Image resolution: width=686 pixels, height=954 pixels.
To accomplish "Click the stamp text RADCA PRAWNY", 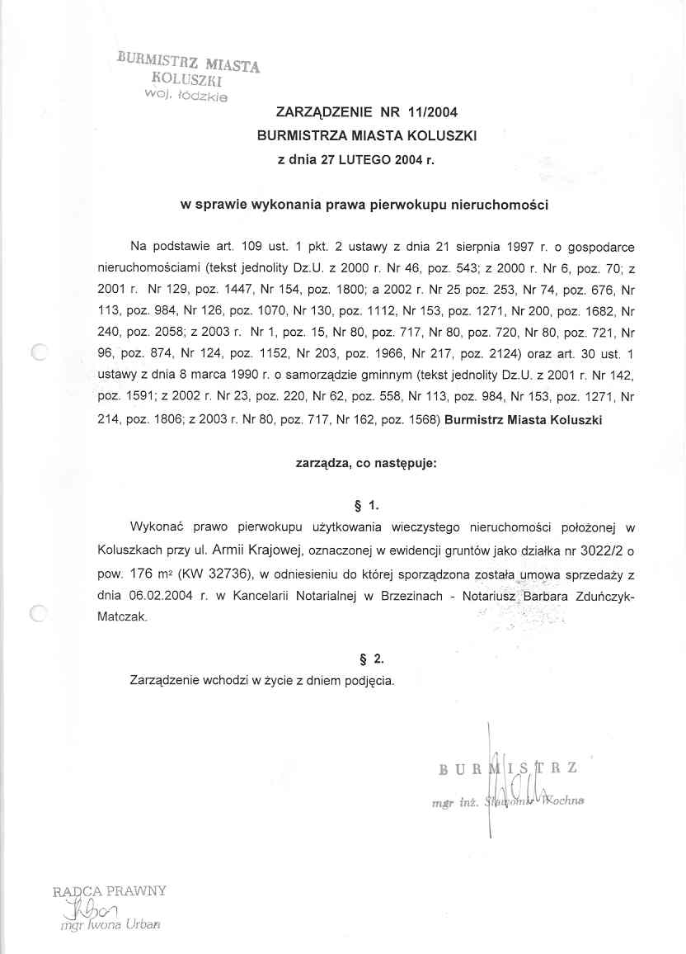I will point(110,891).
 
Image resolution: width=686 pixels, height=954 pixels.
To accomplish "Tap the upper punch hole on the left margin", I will point(39,353).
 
